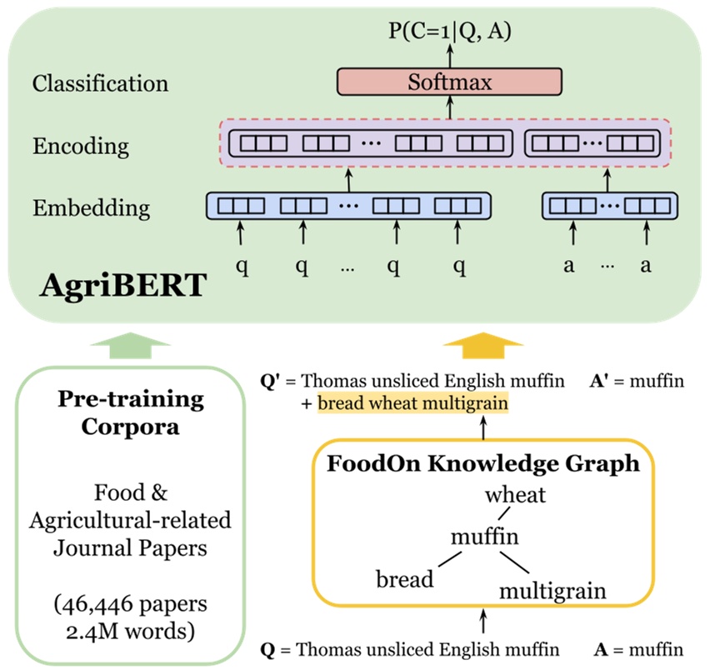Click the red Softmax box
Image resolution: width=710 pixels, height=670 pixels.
[x=449, y=82]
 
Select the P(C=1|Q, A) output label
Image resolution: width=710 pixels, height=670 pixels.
[x=449, y=32]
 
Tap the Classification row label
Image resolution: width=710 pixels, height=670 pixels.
[x=100, y=83]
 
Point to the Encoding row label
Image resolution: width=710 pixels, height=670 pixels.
[x=81, y=146]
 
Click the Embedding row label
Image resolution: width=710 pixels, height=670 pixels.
[x=92, y=207]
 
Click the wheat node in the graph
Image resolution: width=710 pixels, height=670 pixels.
[x=516, y=495]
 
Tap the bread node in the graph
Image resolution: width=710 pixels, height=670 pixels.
[x=406, y=577]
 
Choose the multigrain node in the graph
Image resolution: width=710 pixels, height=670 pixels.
[x=552, y=591]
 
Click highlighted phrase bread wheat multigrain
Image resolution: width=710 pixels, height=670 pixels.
[x=412, y=404]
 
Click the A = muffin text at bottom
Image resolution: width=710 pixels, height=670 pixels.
[x=638, y=648]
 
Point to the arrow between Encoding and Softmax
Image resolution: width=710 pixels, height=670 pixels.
[x=450, y=107]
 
